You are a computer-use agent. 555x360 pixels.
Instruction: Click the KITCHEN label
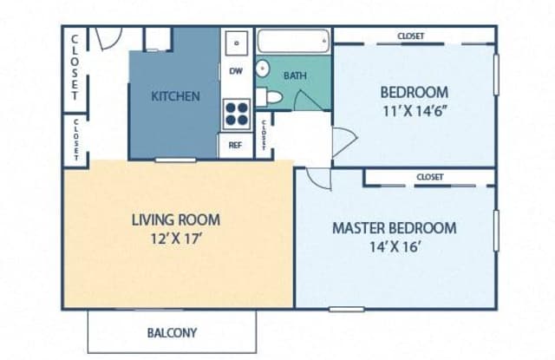[x=176, y=96]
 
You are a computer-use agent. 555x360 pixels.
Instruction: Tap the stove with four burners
[x=237, y=115]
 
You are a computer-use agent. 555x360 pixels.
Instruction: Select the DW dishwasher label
[x=236, y=71]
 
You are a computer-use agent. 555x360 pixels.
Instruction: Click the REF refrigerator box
[x=235, y=146]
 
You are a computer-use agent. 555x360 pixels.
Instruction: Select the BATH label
[x=295, y=75]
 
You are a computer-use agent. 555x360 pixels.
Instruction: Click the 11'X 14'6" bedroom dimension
[x=414, y=110]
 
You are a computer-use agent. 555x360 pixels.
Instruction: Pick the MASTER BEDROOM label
[x=395, y=228]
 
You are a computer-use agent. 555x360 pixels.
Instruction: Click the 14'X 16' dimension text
[x=395, y=246]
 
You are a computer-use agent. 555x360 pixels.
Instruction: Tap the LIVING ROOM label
[x=175, y=219]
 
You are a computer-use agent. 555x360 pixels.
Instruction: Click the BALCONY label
[x=171, y=332]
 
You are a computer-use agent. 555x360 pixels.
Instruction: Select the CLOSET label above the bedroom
[x=410, y=36]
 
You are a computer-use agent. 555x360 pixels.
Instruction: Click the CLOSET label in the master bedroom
[x=429, y=177]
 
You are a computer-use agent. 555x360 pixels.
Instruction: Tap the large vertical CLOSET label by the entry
[x=75, y=66]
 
